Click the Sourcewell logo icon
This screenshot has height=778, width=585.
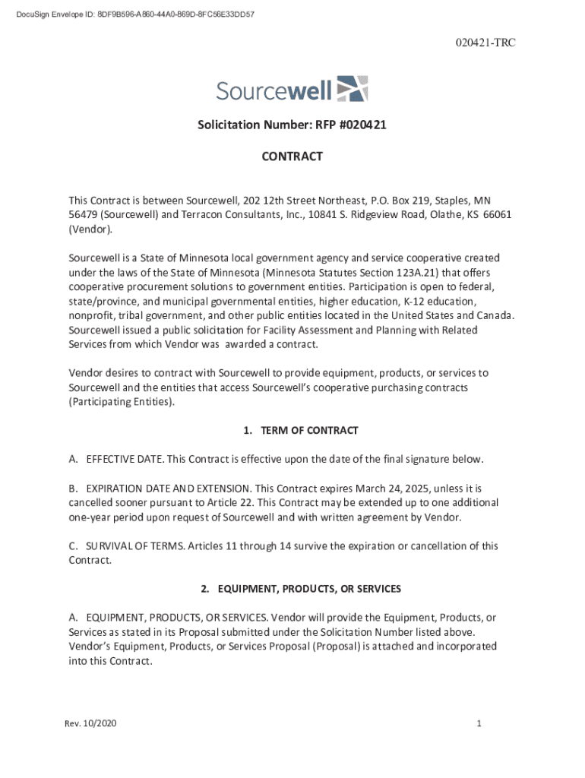[352, 89]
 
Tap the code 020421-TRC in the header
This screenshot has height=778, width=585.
[487, 43]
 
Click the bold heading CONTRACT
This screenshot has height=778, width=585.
[292, 157]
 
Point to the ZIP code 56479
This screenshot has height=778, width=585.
[83, 214]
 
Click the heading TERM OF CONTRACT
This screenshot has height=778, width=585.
[308, 431]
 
